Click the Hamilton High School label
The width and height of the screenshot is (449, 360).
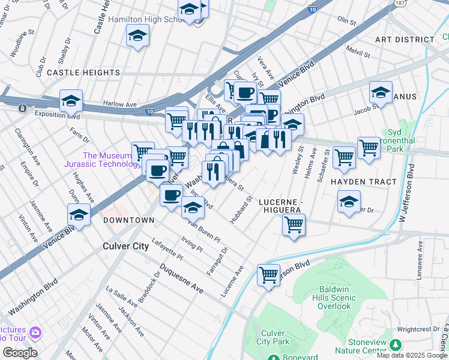(144, 19)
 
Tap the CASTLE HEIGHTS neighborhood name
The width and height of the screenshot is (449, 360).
(83, 73)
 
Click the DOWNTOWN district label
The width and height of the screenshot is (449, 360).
(128, 220)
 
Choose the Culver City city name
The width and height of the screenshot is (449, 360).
(125, 246)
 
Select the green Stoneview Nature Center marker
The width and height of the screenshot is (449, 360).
(395, 345)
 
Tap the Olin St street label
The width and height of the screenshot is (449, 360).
(346, 20)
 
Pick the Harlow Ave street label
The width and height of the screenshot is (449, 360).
(120, 104)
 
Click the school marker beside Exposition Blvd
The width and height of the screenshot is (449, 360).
(71, 101)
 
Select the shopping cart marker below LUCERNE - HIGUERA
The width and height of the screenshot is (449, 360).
(294, 226)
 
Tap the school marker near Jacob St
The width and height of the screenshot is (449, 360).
(381, 93)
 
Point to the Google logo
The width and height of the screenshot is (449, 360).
(20, 353)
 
